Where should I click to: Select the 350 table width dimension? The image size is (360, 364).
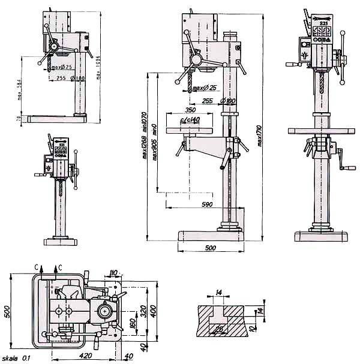(190, 110)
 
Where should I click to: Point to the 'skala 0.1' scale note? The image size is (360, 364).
(16, 358)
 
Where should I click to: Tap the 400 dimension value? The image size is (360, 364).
(154, 311)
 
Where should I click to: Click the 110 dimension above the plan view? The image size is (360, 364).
(115, 274)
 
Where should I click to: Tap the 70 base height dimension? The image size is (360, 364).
(19, 120)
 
